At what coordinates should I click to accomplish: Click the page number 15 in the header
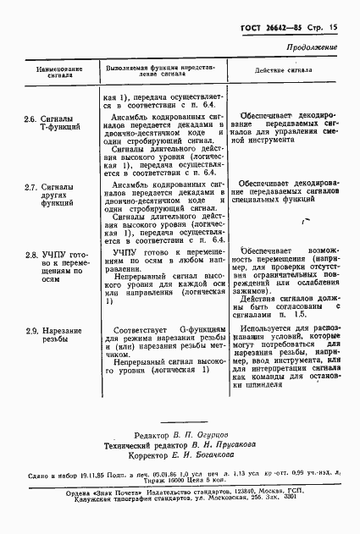tap(332, 28)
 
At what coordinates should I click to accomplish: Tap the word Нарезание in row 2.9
tap(63, 330)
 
